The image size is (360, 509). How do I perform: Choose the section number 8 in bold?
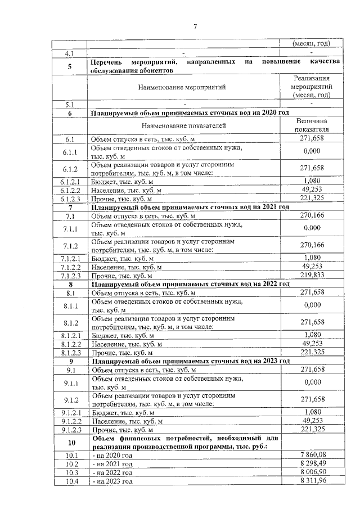pyautogui.click(x=71, y=285)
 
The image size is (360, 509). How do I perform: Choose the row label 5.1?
pyautogui.click(x=71, y=104)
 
